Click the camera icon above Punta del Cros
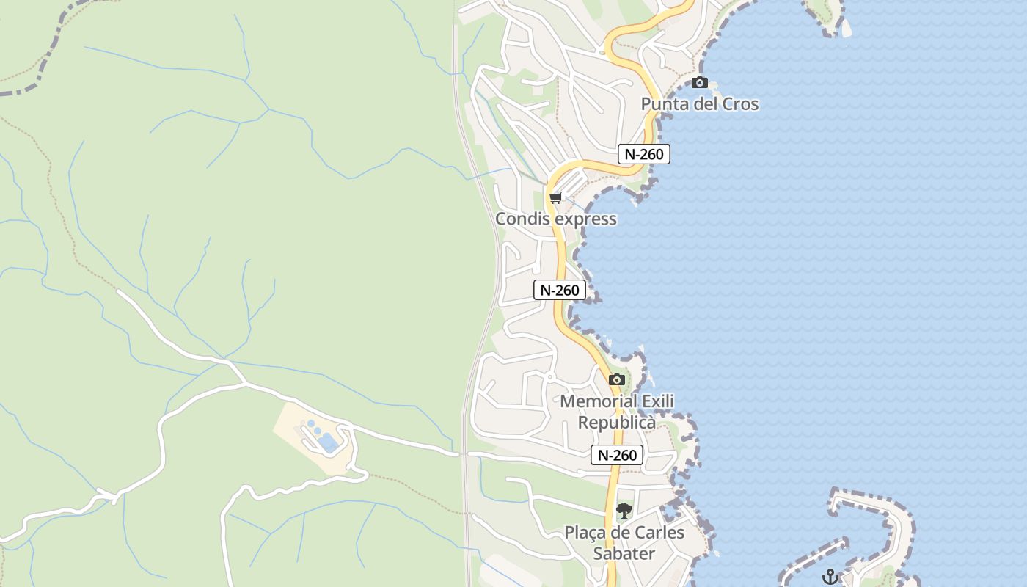(700, 82)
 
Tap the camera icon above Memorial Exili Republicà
(617, 379)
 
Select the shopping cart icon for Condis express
(555, 198)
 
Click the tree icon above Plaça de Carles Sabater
(624, 510)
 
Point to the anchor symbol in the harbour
(830, 577)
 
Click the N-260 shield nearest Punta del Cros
(643, 154)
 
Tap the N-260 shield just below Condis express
(560, 290)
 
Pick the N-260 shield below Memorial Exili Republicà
(617, 455)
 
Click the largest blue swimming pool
(328, 442)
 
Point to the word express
(585, 219)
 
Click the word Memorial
(599, 401)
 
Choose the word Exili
(658, 401)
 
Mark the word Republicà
(617, 423)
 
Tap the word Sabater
(624, 553)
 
